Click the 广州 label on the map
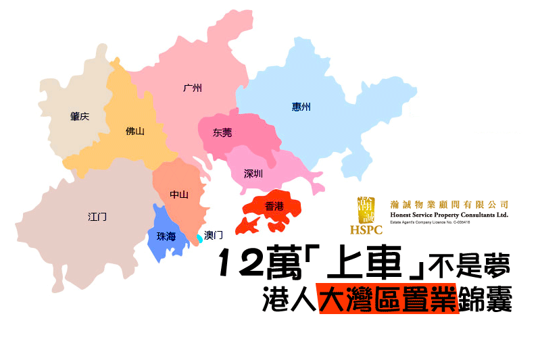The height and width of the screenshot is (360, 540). (193, 88)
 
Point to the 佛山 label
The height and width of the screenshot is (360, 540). (135, 131)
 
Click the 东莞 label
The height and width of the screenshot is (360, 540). (222, 132)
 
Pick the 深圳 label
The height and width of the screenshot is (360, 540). (253, 174)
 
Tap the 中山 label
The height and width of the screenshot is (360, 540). (179, 195)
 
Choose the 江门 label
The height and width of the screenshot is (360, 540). (97, 217)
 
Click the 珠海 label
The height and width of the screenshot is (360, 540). (166, 236)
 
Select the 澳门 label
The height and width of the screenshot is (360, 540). (214, 235)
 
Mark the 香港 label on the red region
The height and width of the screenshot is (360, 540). (274, 206)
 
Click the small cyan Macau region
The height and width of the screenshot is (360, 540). (199, 238)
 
